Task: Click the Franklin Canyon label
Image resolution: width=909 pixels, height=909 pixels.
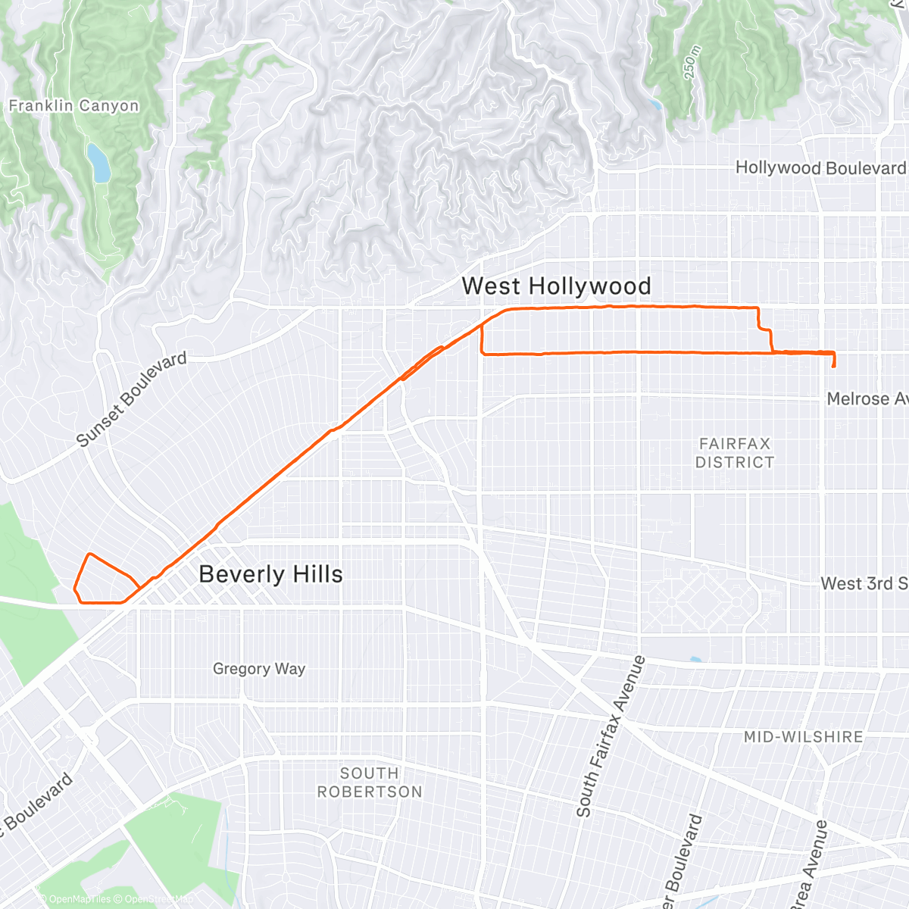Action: point(74,106)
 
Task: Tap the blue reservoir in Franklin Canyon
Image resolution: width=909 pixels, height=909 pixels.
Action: point(98,163)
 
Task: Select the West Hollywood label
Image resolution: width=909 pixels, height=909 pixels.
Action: point(556,286)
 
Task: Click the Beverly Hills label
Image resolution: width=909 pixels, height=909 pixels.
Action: point(270,574)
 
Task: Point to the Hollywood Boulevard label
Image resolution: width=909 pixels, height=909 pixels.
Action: point(820,168)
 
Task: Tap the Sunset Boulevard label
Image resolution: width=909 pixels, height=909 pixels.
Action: point(132,399)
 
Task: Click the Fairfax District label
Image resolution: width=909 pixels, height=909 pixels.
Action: point(735,453)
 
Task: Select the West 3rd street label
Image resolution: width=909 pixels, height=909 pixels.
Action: point(864,583)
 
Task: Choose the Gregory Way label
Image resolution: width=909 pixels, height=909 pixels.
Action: point(259,669)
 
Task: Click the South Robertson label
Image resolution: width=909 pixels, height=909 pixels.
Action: point(370,782)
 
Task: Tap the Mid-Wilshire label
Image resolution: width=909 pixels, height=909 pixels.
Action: point(803,737)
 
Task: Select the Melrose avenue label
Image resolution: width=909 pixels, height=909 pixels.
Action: point(867,399)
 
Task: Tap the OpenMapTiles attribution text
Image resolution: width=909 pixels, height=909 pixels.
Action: point(75,899)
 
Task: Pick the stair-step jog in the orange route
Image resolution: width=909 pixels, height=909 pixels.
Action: point(765,330)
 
